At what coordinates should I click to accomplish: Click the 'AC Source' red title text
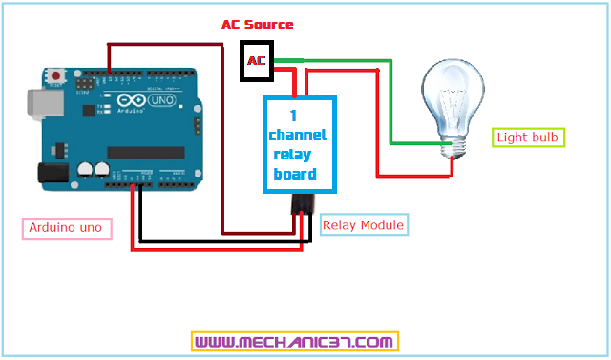[x=257, y=24]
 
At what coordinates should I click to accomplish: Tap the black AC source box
[x=256, y=61]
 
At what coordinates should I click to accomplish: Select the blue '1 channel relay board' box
[x=300, y=143]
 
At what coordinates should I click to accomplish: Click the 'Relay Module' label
[x=364, y=225]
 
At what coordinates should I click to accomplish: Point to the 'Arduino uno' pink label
[x=67, y=228]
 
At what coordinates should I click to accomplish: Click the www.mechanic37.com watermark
[x=294, y=341]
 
